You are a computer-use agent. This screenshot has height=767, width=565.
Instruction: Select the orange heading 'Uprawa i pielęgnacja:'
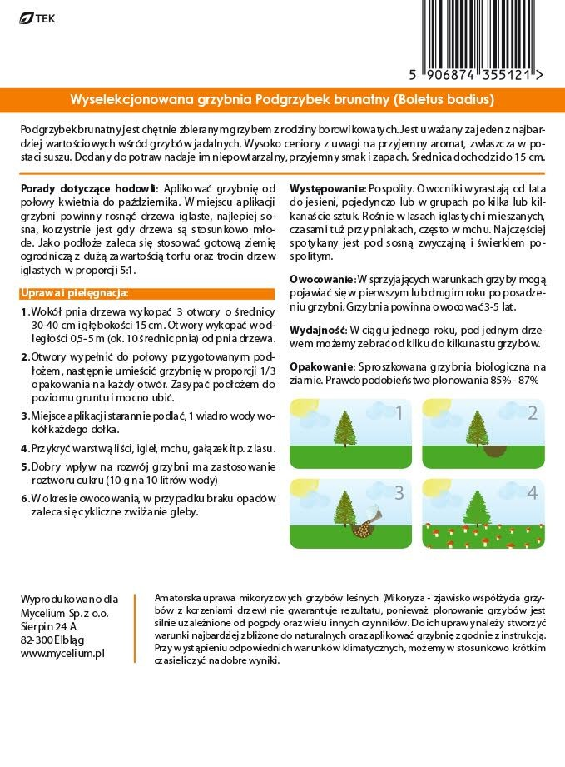click(72, 293)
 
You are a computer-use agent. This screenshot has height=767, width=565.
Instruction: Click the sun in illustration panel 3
click(300, 487)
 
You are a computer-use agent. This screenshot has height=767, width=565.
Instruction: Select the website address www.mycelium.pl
click(62, 654)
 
